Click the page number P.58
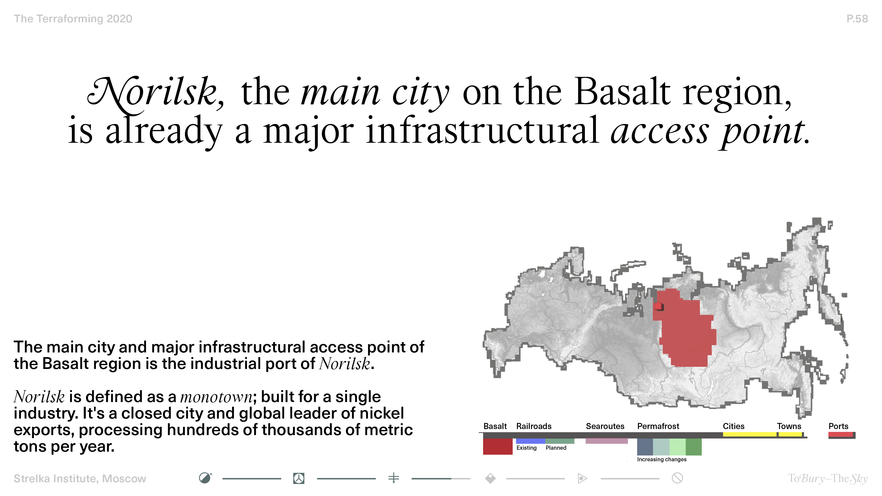pyautogui.click(x=857, y=19)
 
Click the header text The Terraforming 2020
pyautogui.click(x=73, y=19)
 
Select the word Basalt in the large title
pyautogui.click(x=622, y=91)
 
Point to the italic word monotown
pyautogui.click(x=216, y=397)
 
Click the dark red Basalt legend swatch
pyautogui.click(x=498, y=447)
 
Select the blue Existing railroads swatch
pyautogui.click(x=530, y=441)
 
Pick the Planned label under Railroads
pyautogui.click(x=556, y=448)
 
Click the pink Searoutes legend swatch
pyautogui.click(x=606, y=441)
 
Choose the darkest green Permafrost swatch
pyautogui.click(x=693, y=447)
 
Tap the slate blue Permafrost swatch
pyautogui.click(x=645, y=447)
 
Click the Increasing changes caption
pyautogui.click(x=661, y=459)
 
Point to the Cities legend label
pyautogui.click(x=733, y=426)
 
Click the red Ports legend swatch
pyautogui.click(x=841, y=434)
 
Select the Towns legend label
pyautogui.click(x=789, y=426)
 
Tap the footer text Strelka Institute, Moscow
pyautogui.click(x=80, y=479)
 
